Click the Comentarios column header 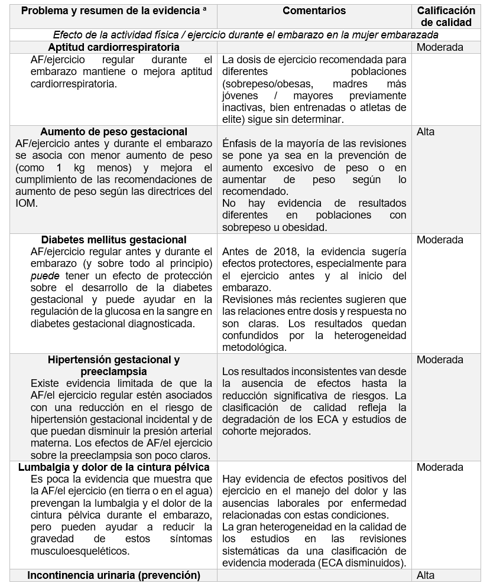[x=314, y=11]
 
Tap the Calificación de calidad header [x=446, y=17]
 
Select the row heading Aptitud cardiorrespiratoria [x=113, y=47]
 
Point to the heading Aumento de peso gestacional [x=114, y=132]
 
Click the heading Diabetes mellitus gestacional [x=114, y=240]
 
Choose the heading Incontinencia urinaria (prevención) [x=114, y=575]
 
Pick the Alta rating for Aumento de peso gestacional [x=426, y=132]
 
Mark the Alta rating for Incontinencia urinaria [x=426, y=575]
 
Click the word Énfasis [x=239, y=144]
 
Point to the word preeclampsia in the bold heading [x=113, y=372]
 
